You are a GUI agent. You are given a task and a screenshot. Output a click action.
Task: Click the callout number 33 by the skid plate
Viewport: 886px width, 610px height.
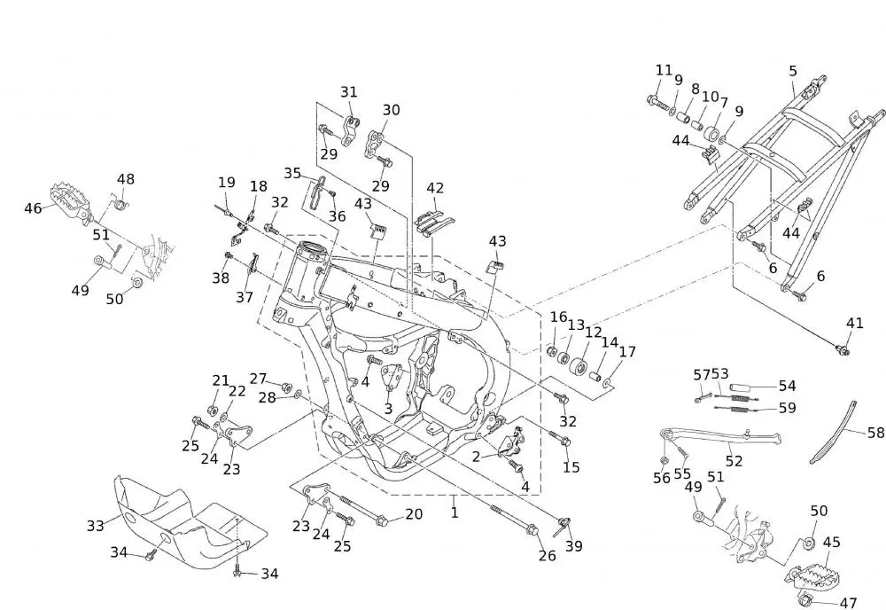point(95,525)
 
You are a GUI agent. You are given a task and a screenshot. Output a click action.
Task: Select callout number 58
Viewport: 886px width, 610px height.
point(876,434)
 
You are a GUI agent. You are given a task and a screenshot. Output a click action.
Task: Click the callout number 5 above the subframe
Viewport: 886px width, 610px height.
point(793,71)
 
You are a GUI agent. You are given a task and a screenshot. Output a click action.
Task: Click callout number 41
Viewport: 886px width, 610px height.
point(854,324)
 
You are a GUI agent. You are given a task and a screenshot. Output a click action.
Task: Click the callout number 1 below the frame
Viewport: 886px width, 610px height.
point(455,512)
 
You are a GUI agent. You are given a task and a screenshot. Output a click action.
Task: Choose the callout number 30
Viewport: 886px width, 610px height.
point(391,110)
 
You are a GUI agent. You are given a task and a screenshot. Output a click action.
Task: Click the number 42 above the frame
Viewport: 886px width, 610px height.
point(435,188)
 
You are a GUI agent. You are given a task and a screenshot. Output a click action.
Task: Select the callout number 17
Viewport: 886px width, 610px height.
point(627,351)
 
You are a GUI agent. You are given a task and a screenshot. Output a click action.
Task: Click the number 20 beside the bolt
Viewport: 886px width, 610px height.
point(414,514)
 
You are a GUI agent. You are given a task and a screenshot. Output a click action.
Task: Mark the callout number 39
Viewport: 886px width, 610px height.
point(574,546)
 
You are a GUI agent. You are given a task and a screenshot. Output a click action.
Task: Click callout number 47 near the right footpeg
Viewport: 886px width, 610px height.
point(848,603)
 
